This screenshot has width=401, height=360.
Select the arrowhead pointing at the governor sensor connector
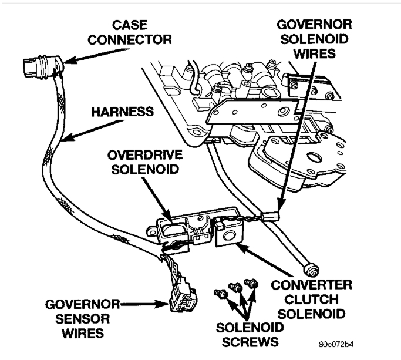click(166, 305)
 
